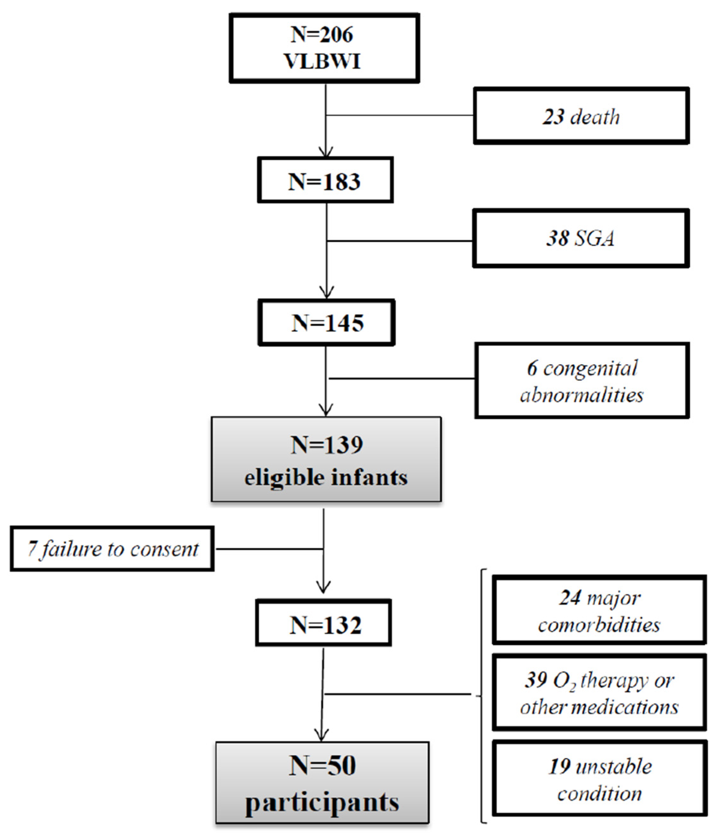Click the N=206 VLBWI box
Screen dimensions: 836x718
point(324,48)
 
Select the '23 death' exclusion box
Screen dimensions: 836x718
point(581,116)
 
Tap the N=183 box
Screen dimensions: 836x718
point(325,180)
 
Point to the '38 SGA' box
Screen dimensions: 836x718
point(581,238)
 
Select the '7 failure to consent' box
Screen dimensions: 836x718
point(112,549)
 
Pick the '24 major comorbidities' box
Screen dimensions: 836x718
point(599,610)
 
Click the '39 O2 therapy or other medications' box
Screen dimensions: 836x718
point(599,693)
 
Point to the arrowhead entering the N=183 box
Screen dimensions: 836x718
point(326,152)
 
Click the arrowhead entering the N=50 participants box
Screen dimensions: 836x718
point(321,735)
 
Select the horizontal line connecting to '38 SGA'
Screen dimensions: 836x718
point(400,241)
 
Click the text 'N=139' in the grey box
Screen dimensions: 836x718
point(326,445)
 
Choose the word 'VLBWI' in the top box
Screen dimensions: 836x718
point(322,62)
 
